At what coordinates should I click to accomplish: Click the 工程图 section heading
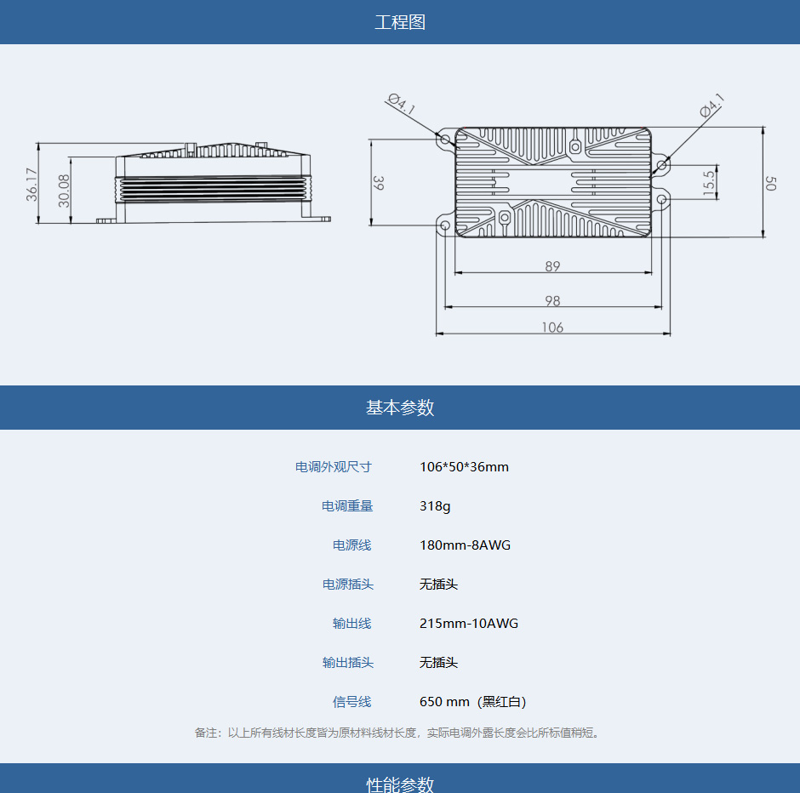pyautogui.click(x=400, y=22)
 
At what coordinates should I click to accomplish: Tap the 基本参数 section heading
pyautogui.click(x=400, y=408)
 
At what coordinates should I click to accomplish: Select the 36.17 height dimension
pyautogui.click(x=31, y=184)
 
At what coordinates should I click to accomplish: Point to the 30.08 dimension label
pyautogui.click(x=64, y=191)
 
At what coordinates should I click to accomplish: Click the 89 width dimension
pyautogui.click(x=552, y=266)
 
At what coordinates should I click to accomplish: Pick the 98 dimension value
pyautogui.click(x=552, y=301)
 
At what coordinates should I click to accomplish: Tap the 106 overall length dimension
pyautogui.click(x=552, y=328)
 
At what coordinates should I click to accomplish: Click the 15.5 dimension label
pyautogui.click(x=709, y=183)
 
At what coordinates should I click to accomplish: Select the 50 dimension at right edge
pyautogui.click(x=770, y=183)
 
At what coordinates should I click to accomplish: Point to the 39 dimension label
pyautogui.click(x=378, y=183)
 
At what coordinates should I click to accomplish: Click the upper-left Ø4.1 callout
pyautogui.click(x=402, y=104)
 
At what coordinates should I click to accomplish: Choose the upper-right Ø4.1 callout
pyautogui.click(x=712, y=105)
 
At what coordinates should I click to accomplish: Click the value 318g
pyautogui.click(x=435, y=506)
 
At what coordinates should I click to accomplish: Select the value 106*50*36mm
pyautogui.click(x=464, y=466)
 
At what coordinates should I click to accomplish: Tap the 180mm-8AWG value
pyautogui.click(x=465, y=545)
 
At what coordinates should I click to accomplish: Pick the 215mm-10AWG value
pyautogui.click(x=468, y=623)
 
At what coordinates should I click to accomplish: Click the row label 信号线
pyautogui.click(x=352, y=702)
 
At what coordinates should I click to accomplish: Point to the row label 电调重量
pyautogui.click(x=347, y=506)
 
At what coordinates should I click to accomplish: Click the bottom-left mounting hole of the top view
pyautogui.click(x=445, y=225)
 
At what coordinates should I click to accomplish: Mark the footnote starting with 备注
pyautogui.click(x=397, y=733)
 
